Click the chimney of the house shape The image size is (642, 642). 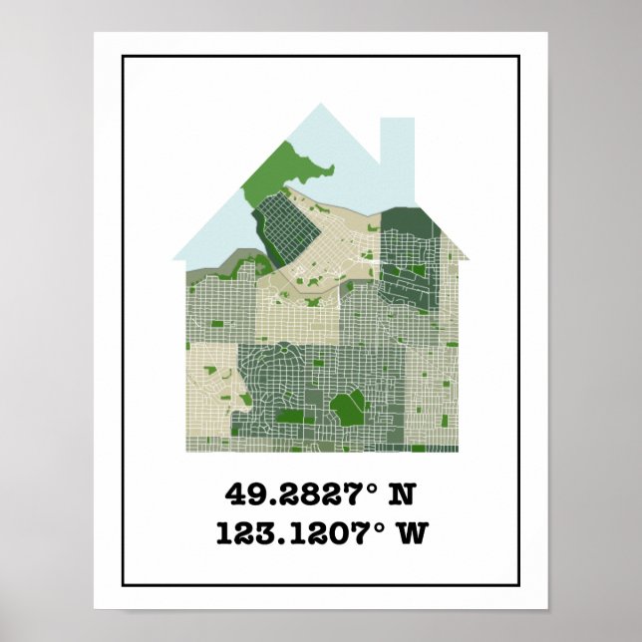pos(397,150)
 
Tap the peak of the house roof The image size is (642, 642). pos(321,106)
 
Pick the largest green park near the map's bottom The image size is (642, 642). pos(348,406)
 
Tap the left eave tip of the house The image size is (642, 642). pos(175,259)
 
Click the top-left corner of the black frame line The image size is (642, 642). pos(124,57)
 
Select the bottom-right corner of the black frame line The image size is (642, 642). pos(519,584)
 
